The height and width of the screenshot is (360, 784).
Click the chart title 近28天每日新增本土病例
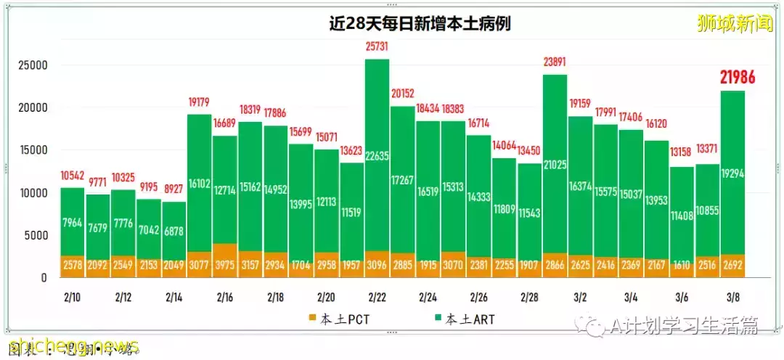[420, 23]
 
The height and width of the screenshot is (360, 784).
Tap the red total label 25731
[377, 46]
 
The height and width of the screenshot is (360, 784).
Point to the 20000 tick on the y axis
[32, 107]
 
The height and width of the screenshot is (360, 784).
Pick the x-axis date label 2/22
[377, 298]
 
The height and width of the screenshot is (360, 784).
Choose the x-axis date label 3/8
[732, 298]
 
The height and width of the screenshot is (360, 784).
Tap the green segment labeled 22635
[377, 155]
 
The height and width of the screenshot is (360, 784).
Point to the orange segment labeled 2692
[732, 265]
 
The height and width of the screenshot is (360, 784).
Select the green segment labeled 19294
[732, 174]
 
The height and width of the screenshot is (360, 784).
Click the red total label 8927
[173, 189]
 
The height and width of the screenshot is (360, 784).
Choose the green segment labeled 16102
[199, 184]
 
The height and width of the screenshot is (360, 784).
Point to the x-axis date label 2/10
[72, 298]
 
